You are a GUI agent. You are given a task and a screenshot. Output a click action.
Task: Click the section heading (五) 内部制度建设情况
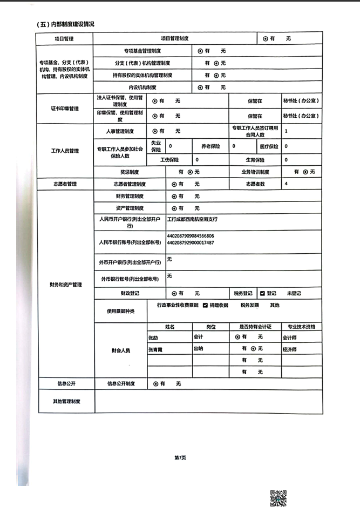point(65,24)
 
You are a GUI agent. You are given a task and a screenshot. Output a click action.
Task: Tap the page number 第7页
point(180,457)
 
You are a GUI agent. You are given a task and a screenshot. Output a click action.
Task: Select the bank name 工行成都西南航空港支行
point(192,219)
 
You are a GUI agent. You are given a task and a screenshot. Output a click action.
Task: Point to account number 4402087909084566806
point(191,236)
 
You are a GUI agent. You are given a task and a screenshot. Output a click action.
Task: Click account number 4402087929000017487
point(191,242)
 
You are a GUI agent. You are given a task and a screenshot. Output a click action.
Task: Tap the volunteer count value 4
point(286,184)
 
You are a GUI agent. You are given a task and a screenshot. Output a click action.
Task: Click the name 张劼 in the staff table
point(153,337)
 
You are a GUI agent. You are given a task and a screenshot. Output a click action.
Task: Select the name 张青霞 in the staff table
point(155,349)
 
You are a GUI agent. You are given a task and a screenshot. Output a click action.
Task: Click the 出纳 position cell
point(198,349)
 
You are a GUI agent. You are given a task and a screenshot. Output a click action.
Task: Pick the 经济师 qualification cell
point(289,349)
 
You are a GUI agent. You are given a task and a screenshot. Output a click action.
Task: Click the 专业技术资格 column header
point(301,327)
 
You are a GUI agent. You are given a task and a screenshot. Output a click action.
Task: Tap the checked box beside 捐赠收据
point(205,305)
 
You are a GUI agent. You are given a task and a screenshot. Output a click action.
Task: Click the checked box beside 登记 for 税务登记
point(262,293)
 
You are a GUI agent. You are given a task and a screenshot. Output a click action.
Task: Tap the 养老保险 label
point(210,146)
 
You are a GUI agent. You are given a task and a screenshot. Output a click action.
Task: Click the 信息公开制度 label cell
point(120,384)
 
